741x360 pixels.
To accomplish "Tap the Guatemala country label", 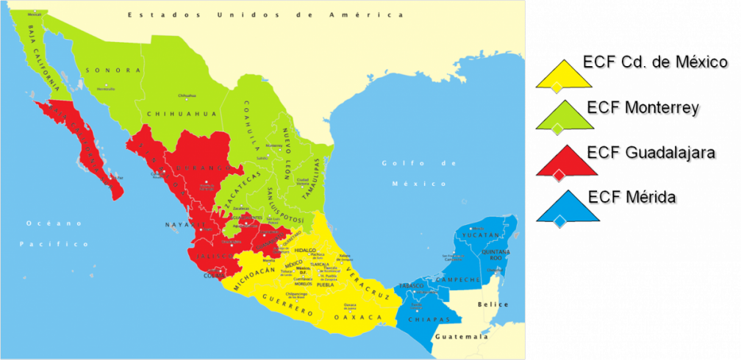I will pos(460,337).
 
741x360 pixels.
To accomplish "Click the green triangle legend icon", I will pos(564,118).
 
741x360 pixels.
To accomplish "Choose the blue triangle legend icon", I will pos(564,206).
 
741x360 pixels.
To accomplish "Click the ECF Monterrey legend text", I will pos(644,109).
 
